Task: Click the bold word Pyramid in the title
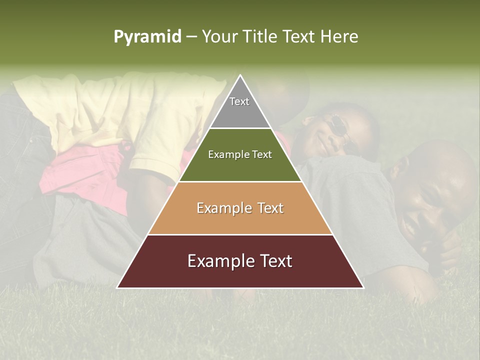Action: pos(147,37)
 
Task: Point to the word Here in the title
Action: pos(339,37)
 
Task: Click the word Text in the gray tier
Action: pos(239,101)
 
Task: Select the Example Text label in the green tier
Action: pos(240,154)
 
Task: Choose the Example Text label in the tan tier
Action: pos(240,208)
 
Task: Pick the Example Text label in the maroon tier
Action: pos(240,261)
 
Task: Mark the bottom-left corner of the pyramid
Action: pos(118,287)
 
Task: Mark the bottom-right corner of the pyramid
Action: pos(363,287)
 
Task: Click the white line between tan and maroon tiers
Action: pos(240,234)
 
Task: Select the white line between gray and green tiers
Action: pos(240,128)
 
